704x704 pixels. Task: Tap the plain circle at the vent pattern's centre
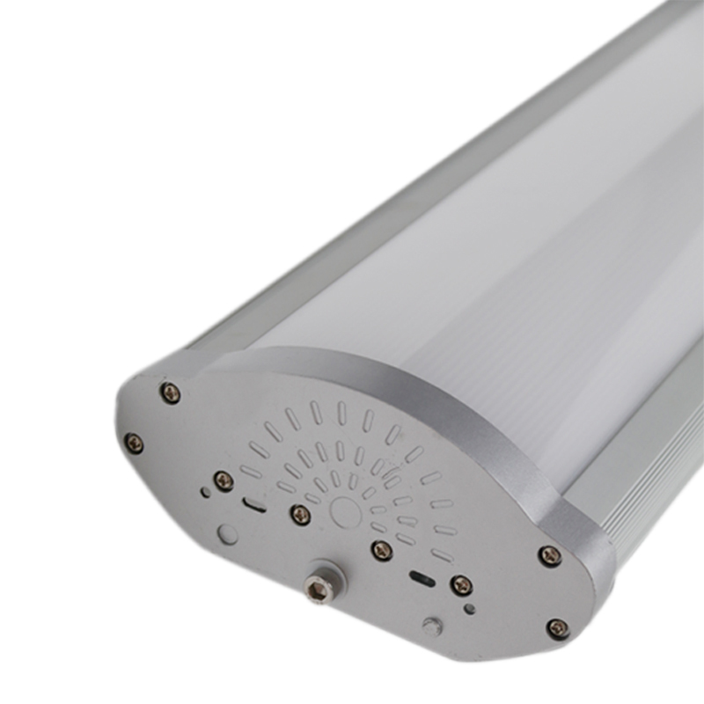click(x=345, y=511)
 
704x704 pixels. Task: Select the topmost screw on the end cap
click(x=171, y=392)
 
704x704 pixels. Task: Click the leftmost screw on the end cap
click(x=134, y=443)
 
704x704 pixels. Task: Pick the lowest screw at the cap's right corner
click(x=557, y=628)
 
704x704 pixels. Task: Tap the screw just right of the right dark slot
click(x=460, y=585)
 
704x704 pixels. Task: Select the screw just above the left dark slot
click(x=224, y=480)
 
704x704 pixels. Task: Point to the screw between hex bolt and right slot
click(x=382, y=551)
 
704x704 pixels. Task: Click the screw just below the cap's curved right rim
click(x=550, y=555)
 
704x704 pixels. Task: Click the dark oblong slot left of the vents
click(x=254, y=505)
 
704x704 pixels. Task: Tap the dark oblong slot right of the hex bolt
click(x=422, y=580)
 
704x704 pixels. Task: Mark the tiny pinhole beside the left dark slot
click(x=206, y=493)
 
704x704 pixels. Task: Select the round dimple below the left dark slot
click(x=228, y=533)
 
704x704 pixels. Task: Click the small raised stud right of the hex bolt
click(x=431, y=626)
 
